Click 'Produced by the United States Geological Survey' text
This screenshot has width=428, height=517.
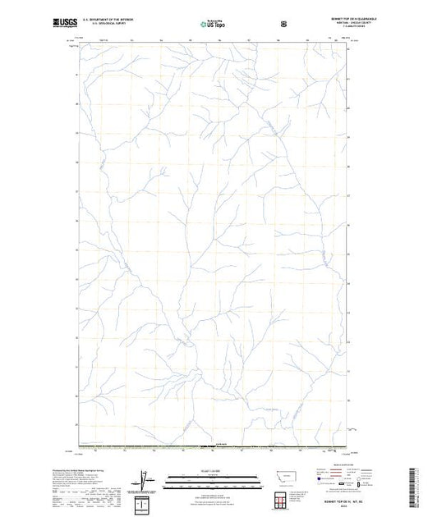click(96, 467)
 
